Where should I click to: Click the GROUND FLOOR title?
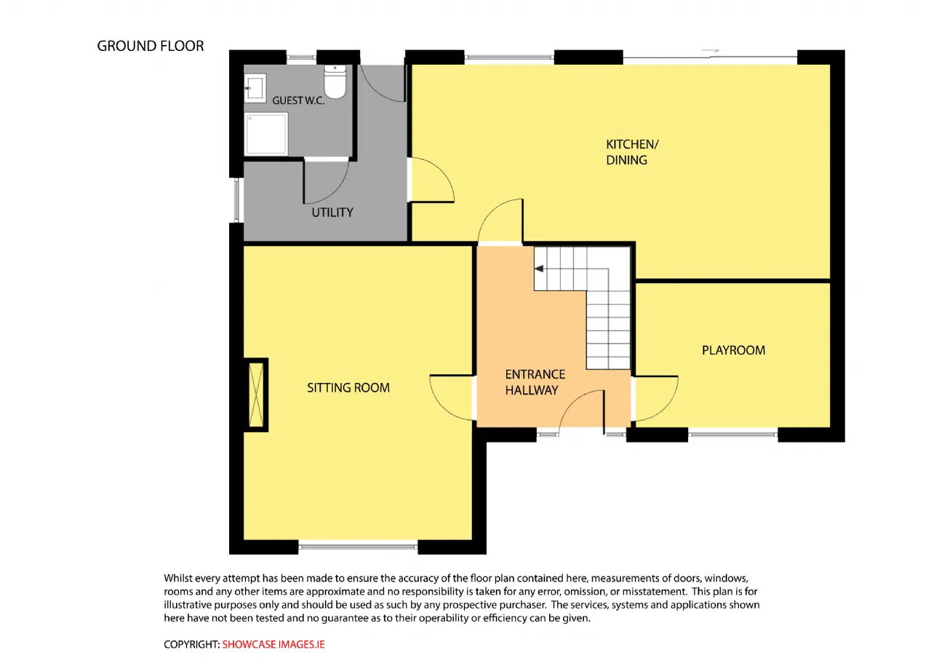coord(151,46)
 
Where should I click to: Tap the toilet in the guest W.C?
coord(335,82)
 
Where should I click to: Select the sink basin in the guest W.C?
coord(255,88)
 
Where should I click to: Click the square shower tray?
coord(266,133)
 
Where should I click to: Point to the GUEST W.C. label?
coord(298,100)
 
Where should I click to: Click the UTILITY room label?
coord(332,213)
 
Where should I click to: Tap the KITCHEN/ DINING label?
coord(632,152)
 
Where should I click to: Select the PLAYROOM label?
coord(734,350)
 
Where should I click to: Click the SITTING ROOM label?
coord(348,388)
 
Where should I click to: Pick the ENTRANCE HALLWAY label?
coord(535,382)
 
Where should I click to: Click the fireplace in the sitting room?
coord(256,395)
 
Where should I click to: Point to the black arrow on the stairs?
coord(539,269)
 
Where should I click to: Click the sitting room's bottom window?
coord(358,547)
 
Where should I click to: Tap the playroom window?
coord(732,435)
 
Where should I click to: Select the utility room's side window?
coord(237,200)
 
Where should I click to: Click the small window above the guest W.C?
coord(301,58)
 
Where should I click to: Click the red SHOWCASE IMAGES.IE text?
coord(273,644)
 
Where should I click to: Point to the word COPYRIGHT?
coord(191,644)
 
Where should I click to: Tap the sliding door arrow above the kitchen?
coord(710,51)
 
